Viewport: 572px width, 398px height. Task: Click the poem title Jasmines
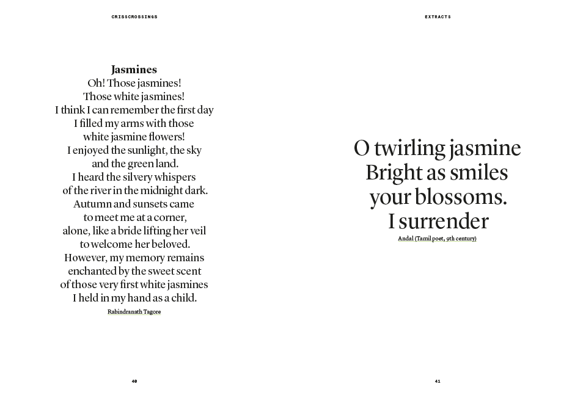(x=134, y=70)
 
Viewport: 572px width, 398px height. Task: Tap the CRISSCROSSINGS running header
(x=134, y=17)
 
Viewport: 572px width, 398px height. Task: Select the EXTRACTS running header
(x=438, y=17)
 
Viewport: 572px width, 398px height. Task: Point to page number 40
(x=134, y=382)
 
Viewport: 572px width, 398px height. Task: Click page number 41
(x=438, y=382)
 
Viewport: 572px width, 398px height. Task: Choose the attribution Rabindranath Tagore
(x=134, y=312)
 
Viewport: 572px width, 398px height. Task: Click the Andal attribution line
(x=437, y=239)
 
